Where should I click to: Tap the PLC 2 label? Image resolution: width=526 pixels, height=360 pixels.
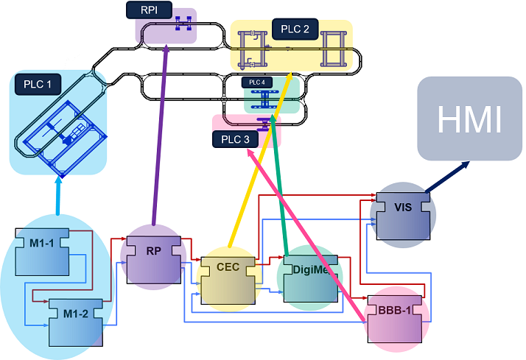coord(295,30)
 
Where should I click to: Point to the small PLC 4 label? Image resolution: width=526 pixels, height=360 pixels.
coord(256,82)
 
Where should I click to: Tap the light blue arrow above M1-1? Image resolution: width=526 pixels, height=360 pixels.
coord(58,195)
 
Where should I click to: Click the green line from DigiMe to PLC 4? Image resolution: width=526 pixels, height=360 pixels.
coord(278,184)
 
